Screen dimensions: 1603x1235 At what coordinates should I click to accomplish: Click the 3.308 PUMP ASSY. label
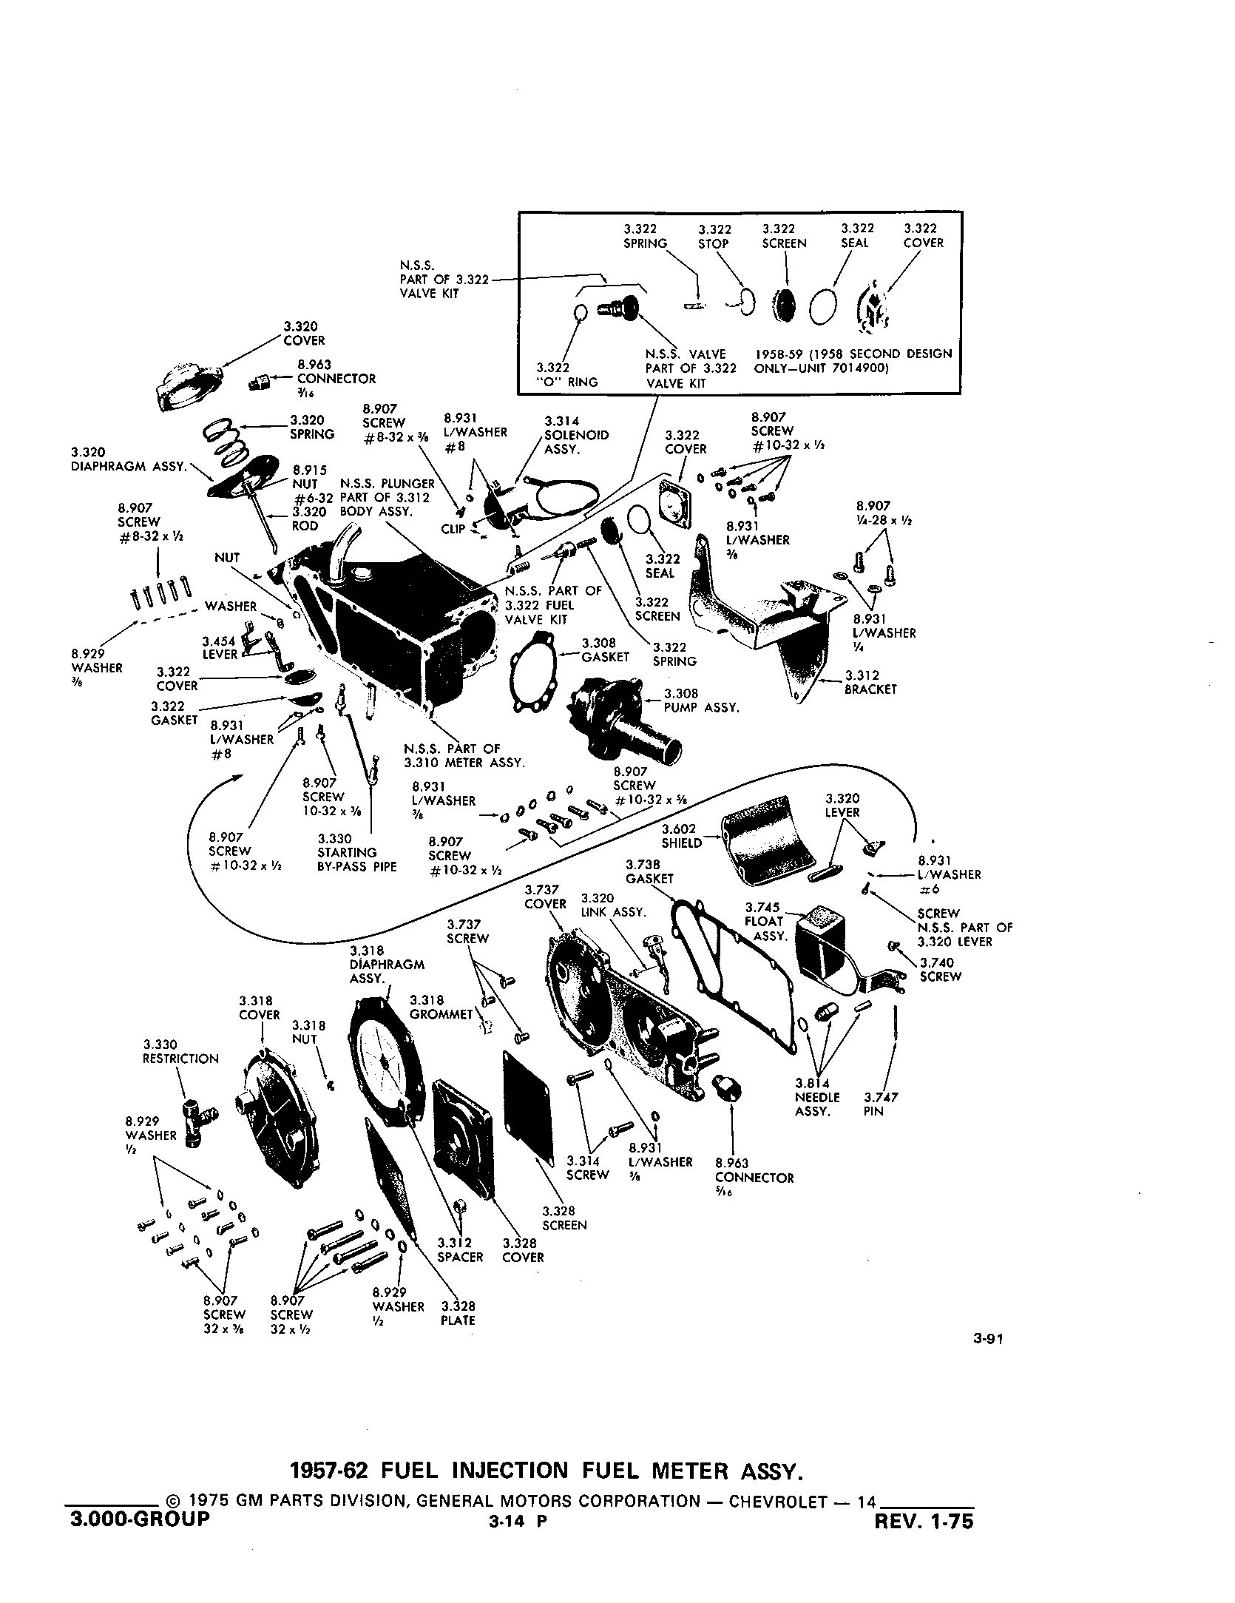pos(701,701)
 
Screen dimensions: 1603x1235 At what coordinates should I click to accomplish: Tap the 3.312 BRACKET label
pos(870,682)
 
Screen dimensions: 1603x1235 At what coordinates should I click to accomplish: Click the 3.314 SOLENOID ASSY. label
pos(576,435)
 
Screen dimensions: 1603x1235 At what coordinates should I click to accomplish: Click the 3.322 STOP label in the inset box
pos(714,236)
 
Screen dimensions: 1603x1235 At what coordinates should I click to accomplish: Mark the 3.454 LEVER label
pos(220,648)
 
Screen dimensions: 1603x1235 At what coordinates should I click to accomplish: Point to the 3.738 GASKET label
pos(649,871)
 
